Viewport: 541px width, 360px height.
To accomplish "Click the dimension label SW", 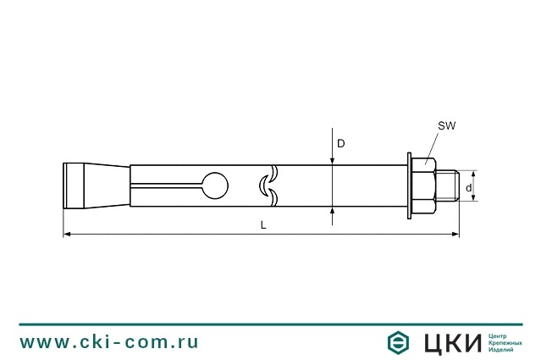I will point(446,125).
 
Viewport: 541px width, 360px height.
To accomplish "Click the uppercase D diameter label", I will point(341,144).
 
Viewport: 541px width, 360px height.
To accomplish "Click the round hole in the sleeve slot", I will point(216,184).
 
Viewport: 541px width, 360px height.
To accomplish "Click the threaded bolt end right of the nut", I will point(449,184).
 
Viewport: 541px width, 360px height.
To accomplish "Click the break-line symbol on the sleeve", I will point(268,184).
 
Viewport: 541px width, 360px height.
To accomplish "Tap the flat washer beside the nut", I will point(409,184).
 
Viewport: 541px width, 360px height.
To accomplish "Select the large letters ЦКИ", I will point(450,342).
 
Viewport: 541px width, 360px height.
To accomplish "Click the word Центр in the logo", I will point(499,335).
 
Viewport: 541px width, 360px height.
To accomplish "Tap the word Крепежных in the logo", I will point(505,341).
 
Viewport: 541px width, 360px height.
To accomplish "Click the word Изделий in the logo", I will point(501,349).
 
